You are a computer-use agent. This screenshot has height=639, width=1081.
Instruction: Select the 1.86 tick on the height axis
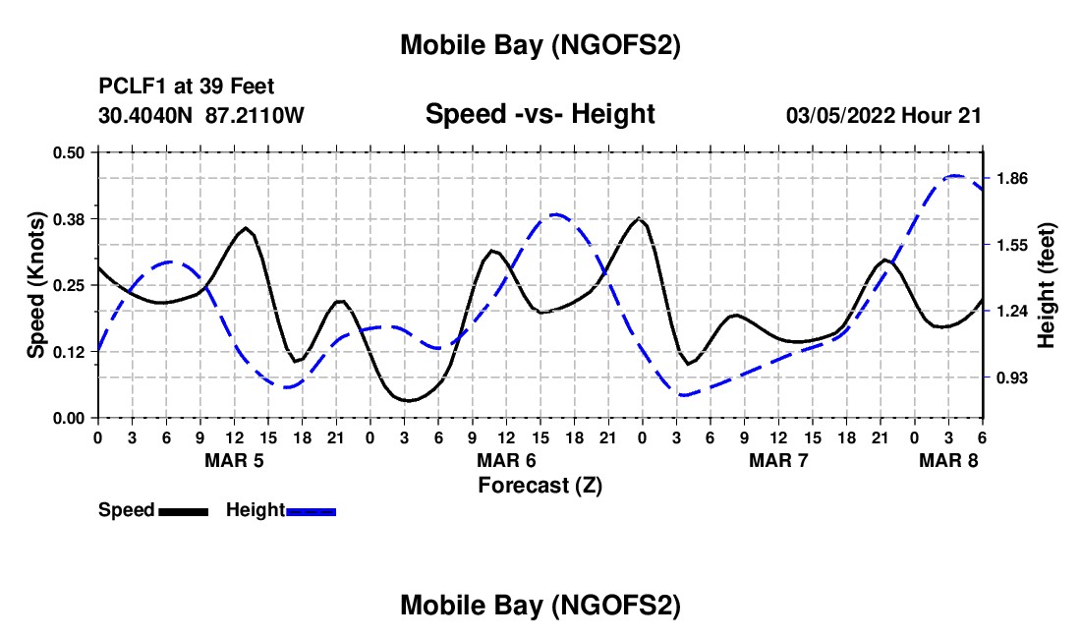point(1011,179)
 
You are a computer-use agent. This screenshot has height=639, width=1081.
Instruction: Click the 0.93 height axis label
point(1011,378)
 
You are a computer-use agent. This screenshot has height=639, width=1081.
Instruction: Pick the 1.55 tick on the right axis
point(1011,246)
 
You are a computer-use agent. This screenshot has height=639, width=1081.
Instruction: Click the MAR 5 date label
point(234,460)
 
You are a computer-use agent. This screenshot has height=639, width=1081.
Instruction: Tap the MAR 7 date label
point(779,460)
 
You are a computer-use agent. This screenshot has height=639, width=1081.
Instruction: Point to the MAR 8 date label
point(949,460)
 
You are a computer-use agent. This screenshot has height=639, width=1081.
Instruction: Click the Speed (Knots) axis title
point(36,285)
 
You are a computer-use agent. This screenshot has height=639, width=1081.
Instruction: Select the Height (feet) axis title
point(1047,285)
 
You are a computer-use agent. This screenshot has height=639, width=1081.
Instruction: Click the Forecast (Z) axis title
point(540,485)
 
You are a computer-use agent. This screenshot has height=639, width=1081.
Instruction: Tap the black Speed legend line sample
point(183,511)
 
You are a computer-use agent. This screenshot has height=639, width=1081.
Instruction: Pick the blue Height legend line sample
point(312,511)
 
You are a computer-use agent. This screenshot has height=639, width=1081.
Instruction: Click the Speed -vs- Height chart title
point(540,114)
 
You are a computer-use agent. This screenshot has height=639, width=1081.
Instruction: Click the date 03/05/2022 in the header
point(838,115)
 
